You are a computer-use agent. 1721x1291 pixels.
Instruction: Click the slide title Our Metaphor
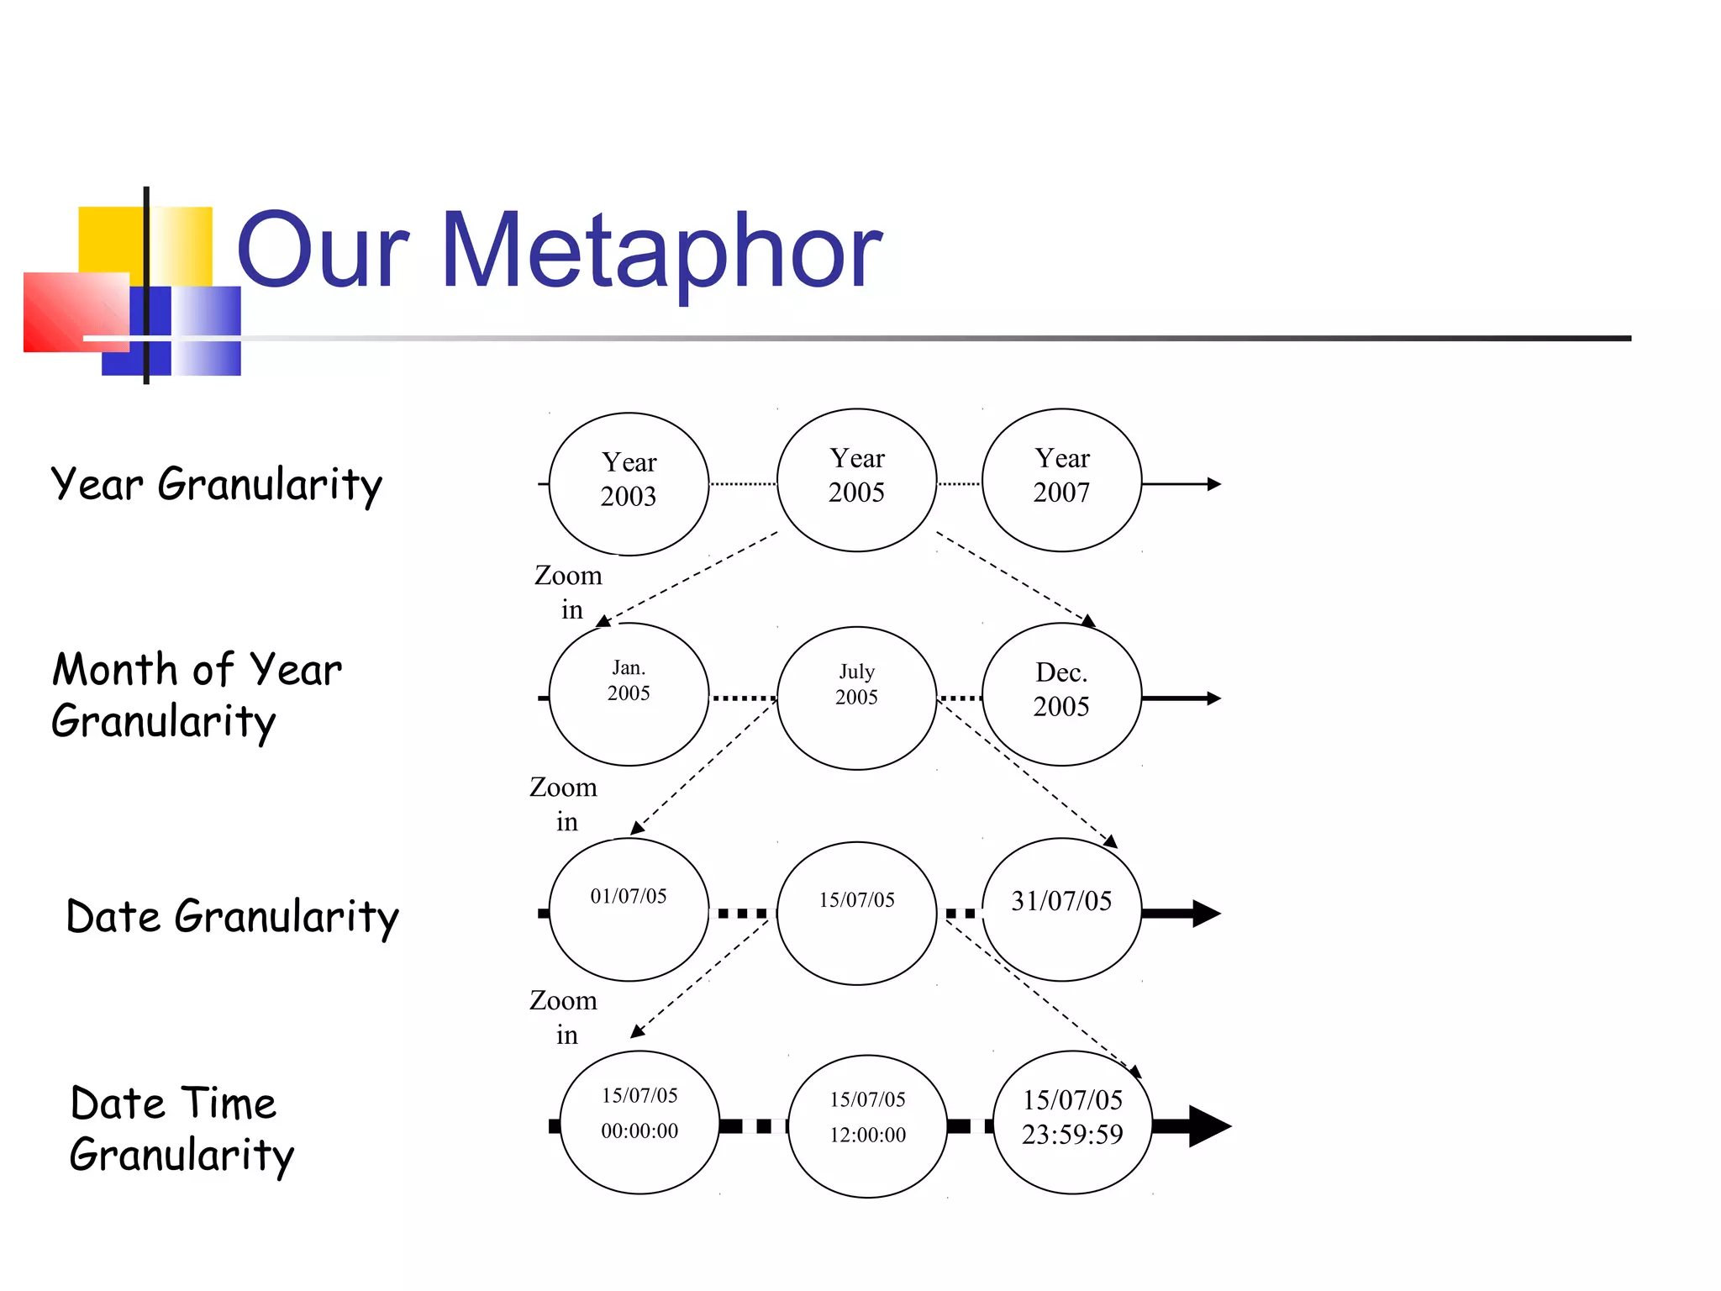tap(559, 250)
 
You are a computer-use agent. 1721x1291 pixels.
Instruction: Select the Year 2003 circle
tap(629, 483)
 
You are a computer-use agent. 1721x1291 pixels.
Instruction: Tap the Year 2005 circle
tap(856, 480)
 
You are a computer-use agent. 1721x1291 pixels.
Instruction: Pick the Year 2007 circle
tap(1061, 480)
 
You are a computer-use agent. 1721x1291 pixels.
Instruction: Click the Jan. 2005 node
tap(629, 694)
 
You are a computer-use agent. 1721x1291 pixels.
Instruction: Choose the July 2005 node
tap(856, 698)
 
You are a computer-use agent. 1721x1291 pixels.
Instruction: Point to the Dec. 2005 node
tap(1061, 694)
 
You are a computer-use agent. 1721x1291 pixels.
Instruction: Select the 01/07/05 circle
tap(629, 909)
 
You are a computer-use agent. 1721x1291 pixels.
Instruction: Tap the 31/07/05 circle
tap(1061, 909)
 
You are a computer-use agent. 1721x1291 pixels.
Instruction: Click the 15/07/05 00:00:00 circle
tap(639, 1122)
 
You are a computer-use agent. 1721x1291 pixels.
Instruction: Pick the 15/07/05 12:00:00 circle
tap(867, 1126)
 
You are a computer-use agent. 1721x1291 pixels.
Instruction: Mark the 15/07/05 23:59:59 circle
tap(1072, 1122)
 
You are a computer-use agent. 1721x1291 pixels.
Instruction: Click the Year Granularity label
tap(216, 485)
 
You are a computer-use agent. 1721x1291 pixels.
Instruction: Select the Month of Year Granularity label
tap(197, 696)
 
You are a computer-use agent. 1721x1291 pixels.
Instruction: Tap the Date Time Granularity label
tap(182, 1129)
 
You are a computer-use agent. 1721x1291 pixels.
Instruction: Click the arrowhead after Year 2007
tap(1213, 484)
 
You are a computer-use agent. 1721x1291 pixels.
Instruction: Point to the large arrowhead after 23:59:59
tap(1209, 1126)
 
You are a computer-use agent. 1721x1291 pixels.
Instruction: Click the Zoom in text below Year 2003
tap(569, 592)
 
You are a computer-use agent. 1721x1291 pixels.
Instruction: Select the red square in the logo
tap(74, 311)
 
